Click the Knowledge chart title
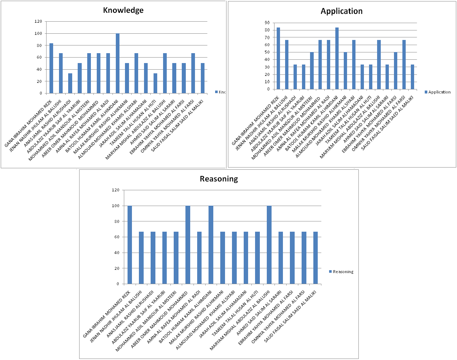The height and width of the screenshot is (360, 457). pos(123,10)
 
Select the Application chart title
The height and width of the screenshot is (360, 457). pos(342,11)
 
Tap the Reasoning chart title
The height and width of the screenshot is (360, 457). pos(219,179)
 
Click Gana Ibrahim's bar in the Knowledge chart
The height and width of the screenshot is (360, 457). pos(51,68)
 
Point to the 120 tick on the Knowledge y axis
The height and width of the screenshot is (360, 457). pos(38,22)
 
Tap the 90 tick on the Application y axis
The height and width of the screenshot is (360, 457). pos(267,23)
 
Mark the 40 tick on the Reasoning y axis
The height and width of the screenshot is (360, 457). pos(116,253)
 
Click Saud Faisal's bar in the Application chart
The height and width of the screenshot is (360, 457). pos(412,77)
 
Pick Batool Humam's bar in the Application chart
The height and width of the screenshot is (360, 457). pos(337,58)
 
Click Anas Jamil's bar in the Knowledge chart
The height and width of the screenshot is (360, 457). pos(70,83)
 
